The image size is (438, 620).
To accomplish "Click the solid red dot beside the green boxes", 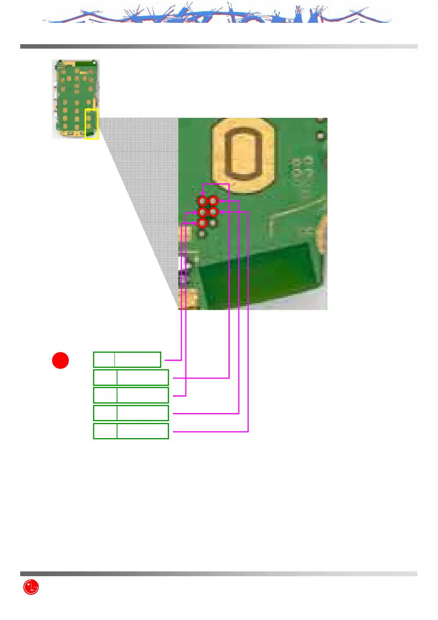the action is pos(60,360).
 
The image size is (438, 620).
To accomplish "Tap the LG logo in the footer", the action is pos(31,587).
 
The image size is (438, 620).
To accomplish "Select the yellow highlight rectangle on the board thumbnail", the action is pos(92,124).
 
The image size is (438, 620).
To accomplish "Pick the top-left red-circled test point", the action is pos(202,201).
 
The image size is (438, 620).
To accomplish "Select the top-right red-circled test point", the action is pos(213,201).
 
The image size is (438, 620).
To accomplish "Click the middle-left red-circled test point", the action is pos(202,212).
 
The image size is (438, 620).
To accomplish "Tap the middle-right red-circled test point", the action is pos(213,212).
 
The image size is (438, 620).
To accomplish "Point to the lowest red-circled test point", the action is pos(202,223).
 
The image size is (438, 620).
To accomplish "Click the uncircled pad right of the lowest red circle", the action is pos(213,223).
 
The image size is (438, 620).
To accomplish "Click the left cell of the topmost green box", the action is pos(104,360).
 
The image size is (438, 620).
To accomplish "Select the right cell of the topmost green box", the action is pos(138,360).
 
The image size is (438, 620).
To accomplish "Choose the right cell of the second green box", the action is pos(143,378).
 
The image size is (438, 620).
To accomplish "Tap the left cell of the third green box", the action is pos(105,395).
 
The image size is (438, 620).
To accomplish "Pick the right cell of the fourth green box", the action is pos(143,413).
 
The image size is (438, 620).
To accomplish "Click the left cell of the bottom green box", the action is pos(105,431).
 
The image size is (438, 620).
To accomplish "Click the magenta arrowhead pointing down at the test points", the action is pos(202,193).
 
